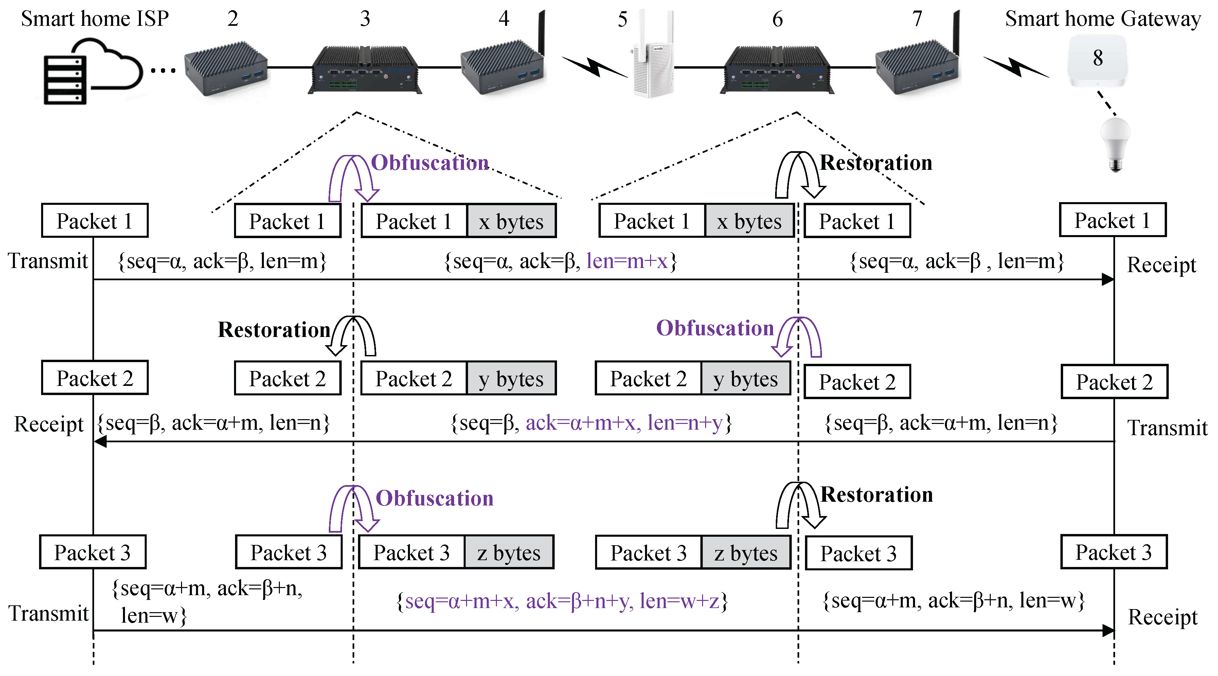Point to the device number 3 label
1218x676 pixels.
point(364,19)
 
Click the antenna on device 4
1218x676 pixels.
point(542,33)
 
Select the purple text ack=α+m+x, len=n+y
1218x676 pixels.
point(624,423)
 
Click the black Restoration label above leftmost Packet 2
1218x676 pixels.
point(274,330)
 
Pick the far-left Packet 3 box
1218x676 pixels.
point(93,552)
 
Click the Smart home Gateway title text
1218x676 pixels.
point(1102,19)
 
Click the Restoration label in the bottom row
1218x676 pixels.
point(876,495)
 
